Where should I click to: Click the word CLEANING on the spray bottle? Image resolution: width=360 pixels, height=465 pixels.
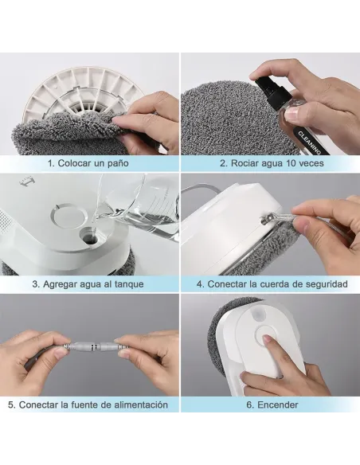[x=309, y=143]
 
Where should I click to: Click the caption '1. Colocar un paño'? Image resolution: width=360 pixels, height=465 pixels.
[x=88, y=163]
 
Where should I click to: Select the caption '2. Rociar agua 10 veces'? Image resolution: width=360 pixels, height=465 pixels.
[x=272, y=163]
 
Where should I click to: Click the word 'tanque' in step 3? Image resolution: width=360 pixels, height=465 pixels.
[x=129, y=284]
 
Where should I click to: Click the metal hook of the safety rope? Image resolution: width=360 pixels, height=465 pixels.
[x=265, y=219]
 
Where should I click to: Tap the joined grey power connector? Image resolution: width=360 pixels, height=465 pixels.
[x=94, y=346]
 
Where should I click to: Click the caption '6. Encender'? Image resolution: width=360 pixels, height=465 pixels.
[x=272, y=404]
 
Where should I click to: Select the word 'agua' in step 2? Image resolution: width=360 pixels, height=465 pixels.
[x=272, y=164]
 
